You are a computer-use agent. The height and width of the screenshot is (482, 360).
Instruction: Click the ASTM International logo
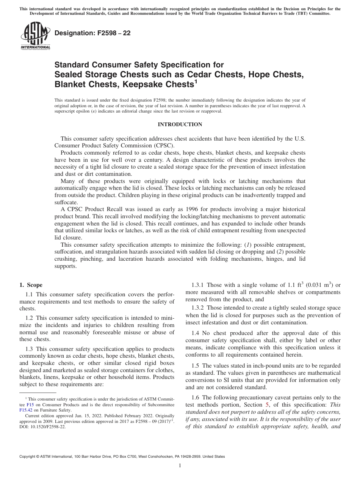click(x=35, y=36)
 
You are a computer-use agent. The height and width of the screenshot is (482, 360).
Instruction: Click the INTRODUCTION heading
click(x=180, y=124)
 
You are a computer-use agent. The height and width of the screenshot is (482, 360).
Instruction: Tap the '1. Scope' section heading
click(x=31, y=285)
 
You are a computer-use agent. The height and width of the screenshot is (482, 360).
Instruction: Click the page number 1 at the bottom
click(x=180, y=466)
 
